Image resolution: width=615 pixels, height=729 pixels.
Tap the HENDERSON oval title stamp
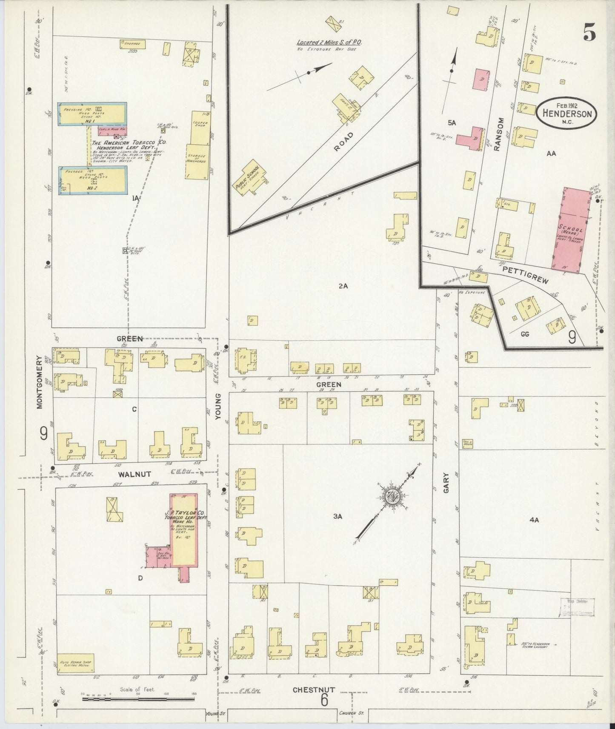coord(567,113)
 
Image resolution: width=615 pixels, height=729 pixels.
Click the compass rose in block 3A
coord(391,497)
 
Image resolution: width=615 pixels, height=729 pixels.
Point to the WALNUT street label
coord(134,474)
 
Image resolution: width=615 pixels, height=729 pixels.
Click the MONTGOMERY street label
coord(40,382)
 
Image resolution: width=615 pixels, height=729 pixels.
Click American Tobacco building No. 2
coord(93,180)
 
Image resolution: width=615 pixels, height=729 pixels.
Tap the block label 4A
coord(534,520)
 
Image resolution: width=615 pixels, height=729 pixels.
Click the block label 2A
coord(343,286)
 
